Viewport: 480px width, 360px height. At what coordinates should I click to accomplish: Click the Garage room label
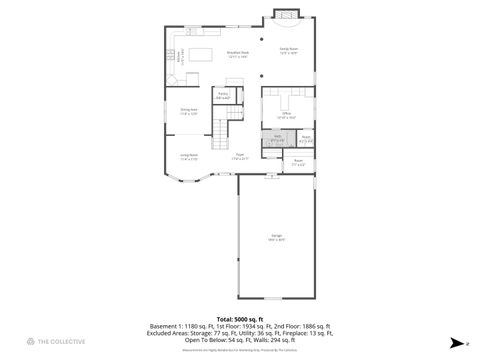(275, 239)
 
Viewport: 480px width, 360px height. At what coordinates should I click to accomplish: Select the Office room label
(285, 115)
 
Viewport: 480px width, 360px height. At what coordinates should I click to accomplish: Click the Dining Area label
(189, 111)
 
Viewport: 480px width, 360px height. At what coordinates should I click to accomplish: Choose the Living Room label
(188, 156)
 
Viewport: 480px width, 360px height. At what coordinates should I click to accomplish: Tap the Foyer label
(240, 156)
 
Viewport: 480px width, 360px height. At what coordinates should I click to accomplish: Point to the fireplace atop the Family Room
(286, 15)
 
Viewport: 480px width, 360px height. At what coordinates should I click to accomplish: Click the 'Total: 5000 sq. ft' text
(239, 317)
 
